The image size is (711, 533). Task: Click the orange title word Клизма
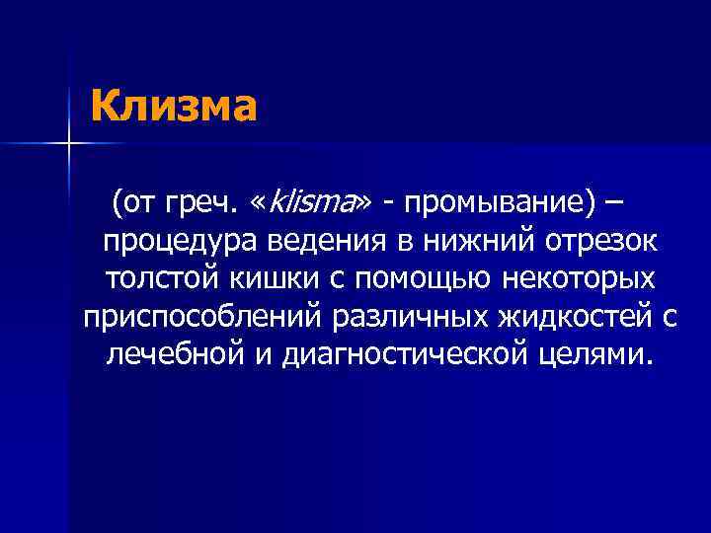click(174, 106)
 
